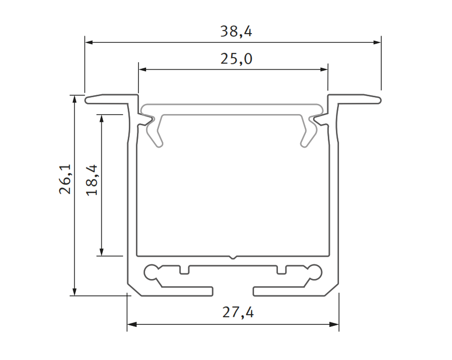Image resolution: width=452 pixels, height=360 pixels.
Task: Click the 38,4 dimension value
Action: pyautogui.click(x=236, y=32)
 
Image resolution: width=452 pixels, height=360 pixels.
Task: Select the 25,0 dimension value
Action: pyautogui.click(x=236, y=59)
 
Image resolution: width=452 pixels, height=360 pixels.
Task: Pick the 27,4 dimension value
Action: pyautogui.click(x=238, y=312)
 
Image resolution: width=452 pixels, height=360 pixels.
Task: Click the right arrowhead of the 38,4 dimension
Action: pyautogui.click(x=377, y=42)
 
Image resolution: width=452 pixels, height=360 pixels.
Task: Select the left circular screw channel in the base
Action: pyautogui.click(x=151, y=272)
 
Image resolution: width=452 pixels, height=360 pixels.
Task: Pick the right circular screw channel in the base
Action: pyautogui.click(x=316, y=272)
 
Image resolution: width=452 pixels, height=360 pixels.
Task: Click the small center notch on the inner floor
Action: pyautogui.click(x=233, y=257)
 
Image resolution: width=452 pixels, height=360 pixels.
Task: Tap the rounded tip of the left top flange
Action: pyautogui.click(x=88, y=100)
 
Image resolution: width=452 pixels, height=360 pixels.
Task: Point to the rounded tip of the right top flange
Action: pyautogui.click(x=378, y=100)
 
